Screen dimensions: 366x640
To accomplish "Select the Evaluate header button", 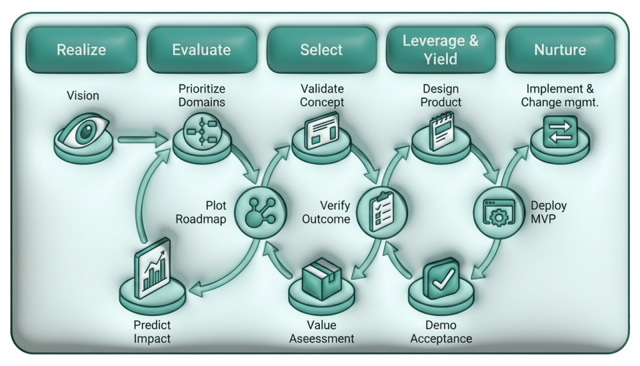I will click(x=201, y=50).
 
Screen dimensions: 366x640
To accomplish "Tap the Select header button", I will click(x=321, y=50).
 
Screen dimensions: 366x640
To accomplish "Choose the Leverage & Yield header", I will click(x=440, y=50).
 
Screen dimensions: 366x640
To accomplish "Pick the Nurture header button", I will click(x=559, y=50).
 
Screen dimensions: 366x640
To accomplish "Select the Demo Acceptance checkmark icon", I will click(x=441, y=280).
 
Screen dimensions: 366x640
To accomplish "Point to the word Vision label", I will click(x=83, y=96).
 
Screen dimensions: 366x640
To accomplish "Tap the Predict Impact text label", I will click(x=152, y=332).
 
